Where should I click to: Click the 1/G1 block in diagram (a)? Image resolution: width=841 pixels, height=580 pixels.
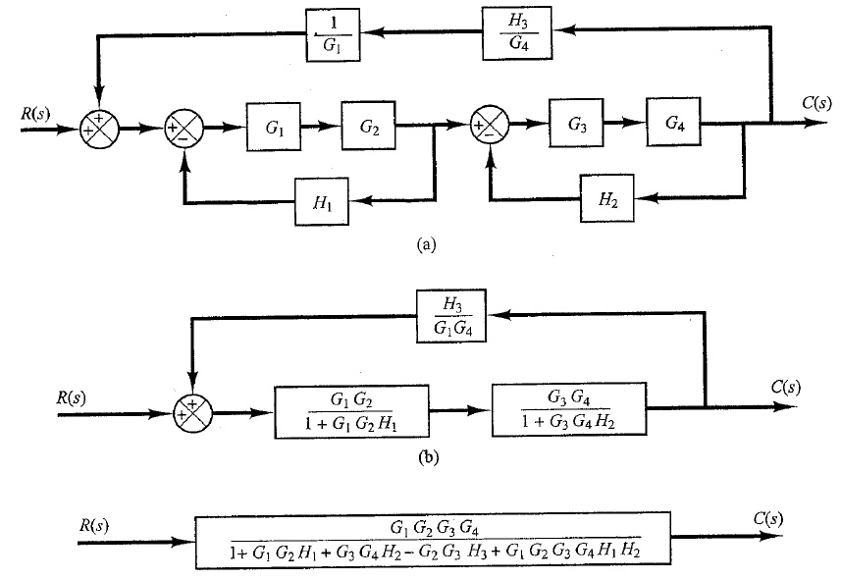[x=333, y=35]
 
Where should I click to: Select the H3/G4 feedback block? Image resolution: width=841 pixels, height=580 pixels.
[x=517, y=32]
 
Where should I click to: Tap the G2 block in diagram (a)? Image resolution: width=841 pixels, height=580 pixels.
[x=368, y=126]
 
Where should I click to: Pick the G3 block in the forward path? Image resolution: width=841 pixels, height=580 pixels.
[x=576, y=123]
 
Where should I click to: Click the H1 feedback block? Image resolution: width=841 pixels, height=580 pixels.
[x=322, y=202]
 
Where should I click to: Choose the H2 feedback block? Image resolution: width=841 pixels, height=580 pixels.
[x=607, y=198]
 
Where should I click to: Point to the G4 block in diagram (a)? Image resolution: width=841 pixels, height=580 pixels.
[x=673, y=122]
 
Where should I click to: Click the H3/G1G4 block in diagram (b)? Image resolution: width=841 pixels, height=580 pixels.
[x=451, y=316]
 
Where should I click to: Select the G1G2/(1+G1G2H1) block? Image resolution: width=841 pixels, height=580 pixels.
[x=352, y=412]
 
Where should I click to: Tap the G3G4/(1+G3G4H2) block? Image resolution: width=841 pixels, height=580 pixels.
[x=569, y=409]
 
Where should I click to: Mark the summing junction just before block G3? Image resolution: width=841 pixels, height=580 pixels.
[x=489, y=126]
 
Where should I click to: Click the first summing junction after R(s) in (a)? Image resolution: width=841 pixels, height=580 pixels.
[x=99, y=129]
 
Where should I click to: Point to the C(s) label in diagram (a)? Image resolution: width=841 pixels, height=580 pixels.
[x=816, y=103]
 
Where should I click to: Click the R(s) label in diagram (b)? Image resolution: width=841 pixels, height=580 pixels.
[x=71, y=397]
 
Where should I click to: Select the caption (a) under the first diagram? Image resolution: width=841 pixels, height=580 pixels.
[x=427, y=244]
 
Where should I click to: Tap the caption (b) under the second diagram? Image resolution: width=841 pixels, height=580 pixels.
[x=428, y=457]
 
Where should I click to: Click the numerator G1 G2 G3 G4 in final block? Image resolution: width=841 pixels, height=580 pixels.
[x=435, y=529]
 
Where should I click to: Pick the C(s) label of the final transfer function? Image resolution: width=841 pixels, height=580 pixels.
[x=767, y=519]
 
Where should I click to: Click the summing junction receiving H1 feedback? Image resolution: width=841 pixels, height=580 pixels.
[x=184, y=129]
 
